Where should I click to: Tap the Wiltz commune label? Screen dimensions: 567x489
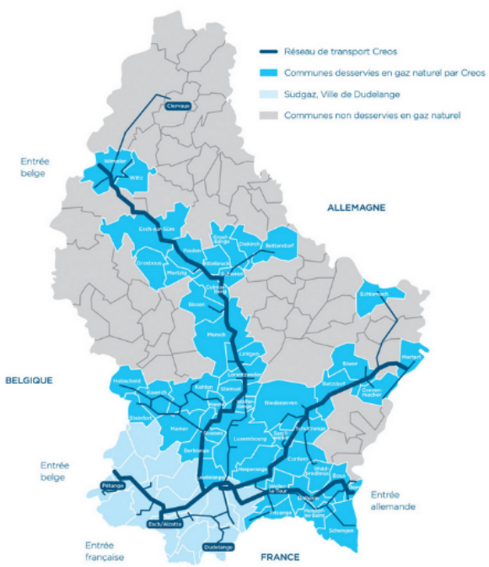pos(137,178)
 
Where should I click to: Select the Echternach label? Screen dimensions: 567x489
pos(373,294)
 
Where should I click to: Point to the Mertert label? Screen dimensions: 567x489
pos(411,356)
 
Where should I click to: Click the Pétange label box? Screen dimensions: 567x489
pos(112,486)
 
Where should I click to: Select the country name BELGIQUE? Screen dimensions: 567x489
pos(30,381)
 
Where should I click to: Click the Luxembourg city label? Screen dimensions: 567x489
pos(250,439)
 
